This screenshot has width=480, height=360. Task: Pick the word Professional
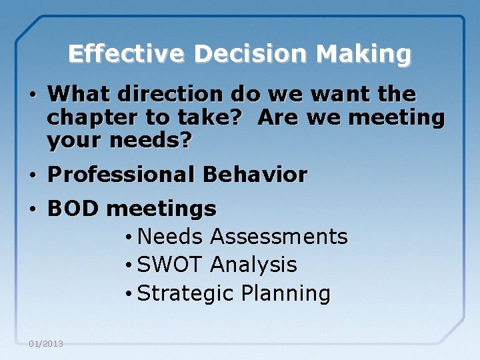point(122,175)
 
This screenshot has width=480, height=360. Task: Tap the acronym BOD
point(73,209)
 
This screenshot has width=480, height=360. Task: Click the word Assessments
point(279,237)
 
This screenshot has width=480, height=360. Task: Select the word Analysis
point(253,265)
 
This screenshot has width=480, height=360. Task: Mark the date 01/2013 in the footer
point(46,344)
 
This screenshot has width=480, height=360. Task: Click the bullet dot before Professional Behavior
point(33,176)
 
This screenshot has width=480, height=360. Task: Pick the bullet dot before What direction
point(33,95)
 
